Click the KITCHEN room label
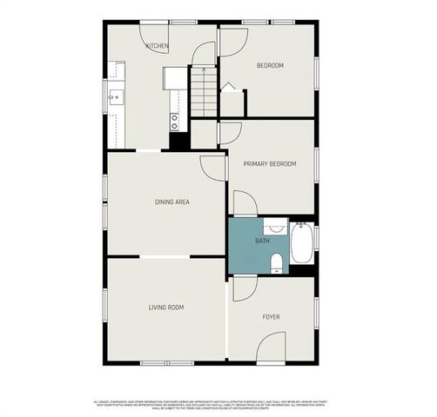tap(158, 46)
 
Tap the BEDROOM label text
tap(270, 66)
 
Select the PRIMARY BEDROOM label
tap(270, 164)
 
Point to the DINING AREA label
tap(172, 202)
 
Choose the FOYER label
tap(272, 317)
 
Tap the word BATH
tap(261, 240)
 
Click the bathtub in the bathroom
tap(302, 243)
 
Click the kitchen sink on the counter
tap(115, 97)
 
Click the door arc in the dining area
tap(213, 167)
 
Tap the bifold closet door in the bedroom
tap(231, 88)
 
